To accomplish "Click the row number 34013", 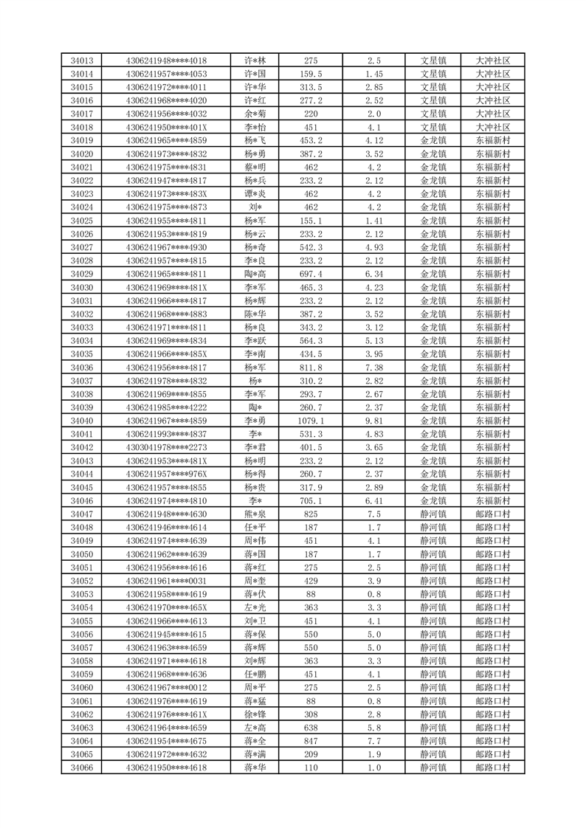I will pyautogui.click(x=82, y=61).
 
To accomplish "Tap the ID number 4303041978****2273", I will pyautogui.click(x=167, y=447).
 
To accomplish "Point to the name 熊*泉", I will pyautogui.click(x=255, y=514).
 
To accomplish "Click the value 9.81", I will pyautogui.click(x=373, y=421).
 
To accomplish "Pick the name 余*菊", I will pyautogui.click(x=255, y=114).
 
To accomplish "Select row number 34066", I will pyautogui.click(x=82, y=768).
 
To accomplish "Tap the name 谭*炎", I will pyautogui.click(x=255, y=194).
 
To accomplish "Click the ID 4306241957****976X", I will pyautogui.click(x=167, y=474).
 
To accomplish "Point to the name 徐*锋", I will pyautogui.click(x=255, y=714).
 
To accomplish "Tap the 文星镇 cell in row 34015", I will pyautogui.click(x=433, y=87).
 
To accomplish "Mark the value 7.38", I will pyautogui.click(x=373, y=368).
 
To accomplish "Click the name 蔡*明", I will pyautogui.click(x=255, y=168).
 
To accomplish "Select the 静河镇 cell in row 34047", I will pyautogui.click(x=433, y=514).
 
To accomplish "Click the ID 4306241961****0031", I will pyautogui.click(x=167, y=581).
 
